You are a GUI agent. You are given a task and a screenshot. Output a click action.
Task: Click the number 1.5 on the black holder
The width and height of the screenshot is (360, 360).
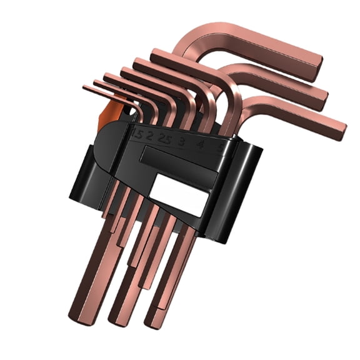pos(138,134)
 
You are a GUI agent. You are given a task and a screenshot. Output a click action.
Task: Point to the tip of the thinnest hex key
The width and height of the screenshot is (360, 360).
pos(85,88)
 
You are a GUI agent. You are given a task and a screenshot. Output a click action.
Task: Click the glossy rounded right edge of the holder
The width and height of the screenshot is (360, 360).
pos(250,187)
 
